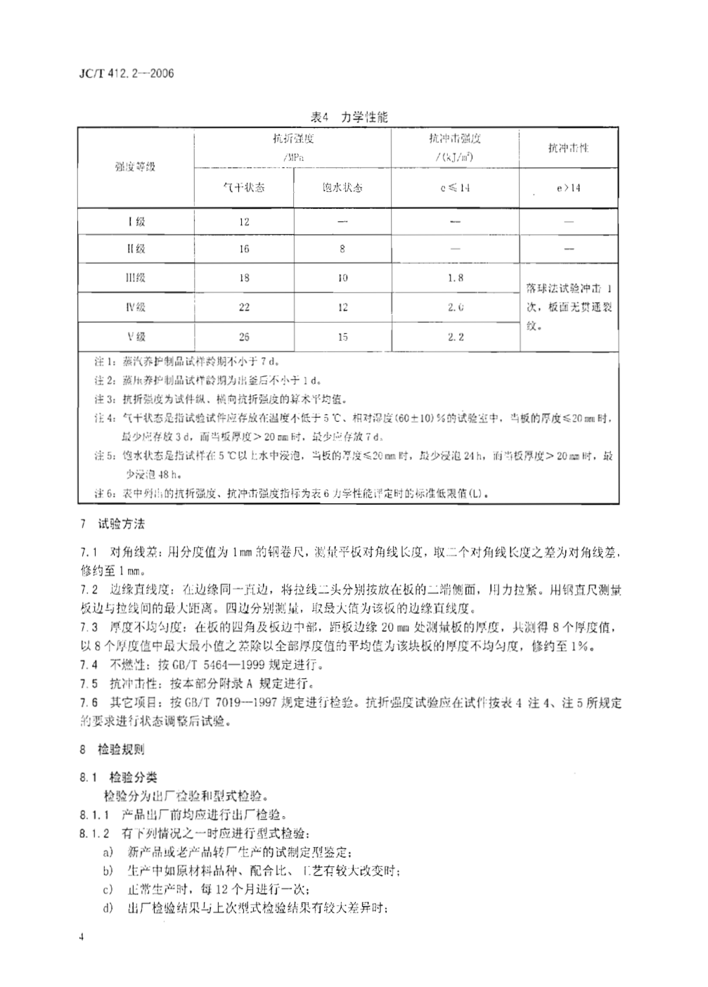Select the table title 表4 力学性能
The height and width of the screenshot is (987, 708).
point(349,117)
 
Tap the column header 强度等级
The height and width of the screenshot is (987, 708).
point(135,167)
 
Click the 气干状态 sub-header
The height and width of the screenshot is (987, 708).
point(243,188)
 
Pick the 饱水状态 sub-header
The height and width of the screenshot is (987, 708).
point(342,188)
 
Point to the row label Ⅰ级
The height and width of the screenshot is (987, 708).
point(136,221)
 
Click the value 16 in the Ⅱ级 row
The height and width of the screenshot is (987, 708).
point(243,249)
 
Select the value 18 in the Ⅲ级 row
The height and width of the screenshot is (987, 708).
point(243,278)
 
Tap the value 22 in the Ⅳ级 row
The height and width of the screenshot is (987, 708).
point(243,307)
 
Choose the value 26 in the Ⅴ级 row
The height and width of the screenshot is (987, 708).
point(243,337)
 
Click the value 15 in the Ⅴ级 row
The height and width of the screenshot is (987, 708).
point(342,337)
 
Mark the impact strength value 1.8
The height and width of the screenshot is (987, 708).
point(456,278)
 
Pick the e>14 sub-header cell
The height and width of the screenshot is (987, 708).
point(568,188)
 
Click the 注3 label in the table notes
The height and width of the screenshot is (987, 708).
point(104,399)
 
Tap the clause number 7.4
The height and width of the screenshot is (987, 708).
point(89,664)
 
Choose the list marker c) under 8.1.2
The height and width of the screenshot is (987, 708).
point(108,889)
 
